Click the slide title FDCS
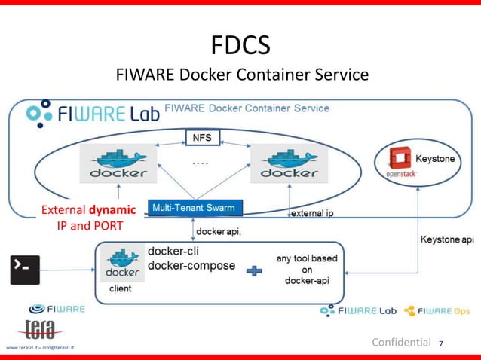[241, 47]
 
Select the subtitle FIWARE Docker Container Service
[241, 75]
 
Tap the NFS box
[202, 138]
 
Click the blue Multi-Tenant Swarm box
[193, 207]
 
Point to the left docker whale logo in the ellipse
[118, 164]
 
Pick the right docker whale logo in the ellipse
[288, 164]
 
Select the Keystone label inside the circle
[436, 160]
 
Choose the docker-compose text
[191, 266]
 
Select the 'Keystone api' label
[446, 239]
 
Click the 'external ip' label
[313, 213]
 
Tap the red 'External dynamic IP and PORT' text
[88, 217]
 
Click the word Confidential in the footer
[402, 343]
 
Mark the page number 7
[441, 344]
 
